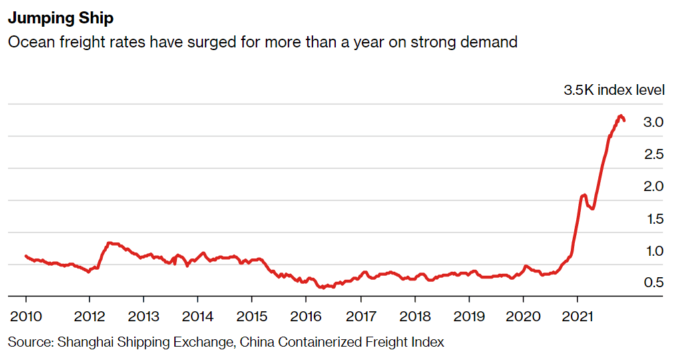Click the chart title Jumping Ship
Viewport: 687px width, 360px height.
click(61, 18)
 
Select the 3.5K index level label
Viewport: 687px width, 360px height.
click(614, 90)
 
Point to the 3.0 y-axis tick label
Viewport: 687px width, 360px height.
click(653, 122)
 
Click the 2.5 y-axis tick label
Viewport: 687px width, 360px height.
click(654, 154)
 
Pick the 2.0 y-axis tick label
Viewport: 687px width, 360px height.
click(653, 186)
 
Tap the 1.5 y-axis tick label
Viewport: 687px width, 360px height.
click(655, 219)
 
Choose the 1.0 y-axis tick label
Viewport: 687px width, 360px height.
click(655, 251)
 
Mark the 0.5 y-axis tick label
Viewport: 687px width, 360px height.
click(654, 283)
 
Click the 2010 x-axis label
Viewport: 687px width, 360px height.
click(26, 316)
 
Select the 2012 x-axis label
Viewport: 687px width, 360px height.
click(89, 316)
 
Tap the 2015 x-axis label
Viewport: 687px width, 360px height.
click(252, 316)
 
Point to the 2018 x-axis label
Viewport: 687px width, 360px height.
click(415, 316)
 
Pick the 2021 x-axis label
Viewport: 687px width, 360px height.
click(577, 316)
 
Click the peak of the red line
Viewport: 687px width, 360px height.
click(620, 116)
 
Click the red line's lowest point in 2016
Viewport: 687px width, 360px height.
click(322, 288)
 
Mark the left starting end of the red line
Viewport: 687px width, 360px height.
click(26, 256)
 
